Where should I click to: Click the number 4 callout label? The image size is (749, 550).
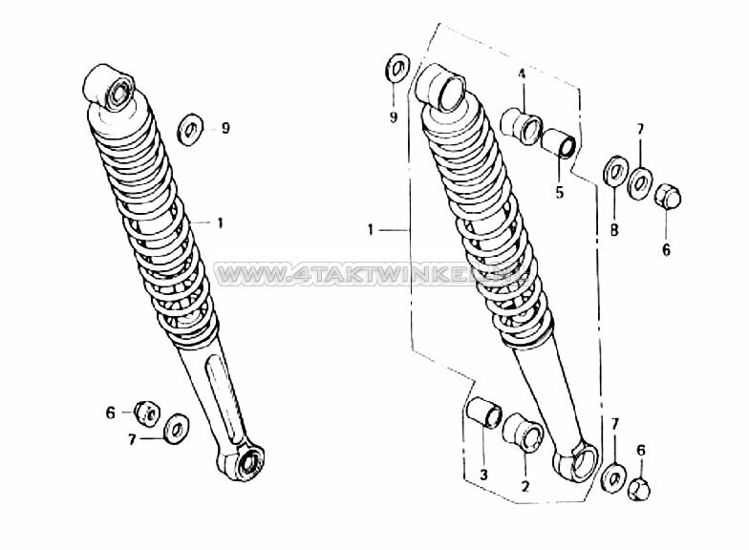[x=522, y=74]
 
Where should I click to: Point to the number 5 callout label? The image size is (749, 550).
[x=560, y=191]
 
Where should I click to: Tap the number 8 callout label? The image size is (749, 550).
[x=614, y=230]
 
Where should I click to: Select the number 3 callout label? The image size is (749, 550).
[x=483, y=475]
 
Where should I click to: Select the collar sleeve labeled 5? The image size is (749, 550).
[x=559, y=143]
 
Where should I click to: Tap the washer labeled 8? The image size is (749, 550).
[x=613, y=175]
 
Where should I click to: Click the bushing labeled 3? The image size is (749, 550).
[x=483, y=417]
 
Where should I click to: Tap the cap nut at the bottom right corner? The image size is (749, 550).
[x=641, y=489]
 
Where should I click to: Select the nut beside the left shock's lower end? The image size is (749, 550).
[x=147, y=412]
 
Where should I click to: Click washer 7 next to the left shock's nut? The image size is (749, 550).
[x=177, y=429]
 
